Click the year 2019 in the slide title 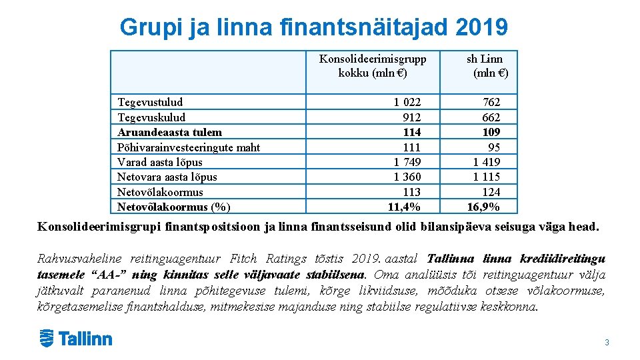483,27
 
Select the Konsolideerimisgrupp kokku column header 373,65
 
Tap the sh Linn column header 486,65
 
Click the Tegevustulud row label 150,102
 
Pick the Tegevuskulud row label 151,117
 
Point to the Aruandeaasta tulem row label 169,132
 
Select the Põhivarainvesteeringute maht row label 189,147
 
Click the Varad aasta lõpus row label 160,162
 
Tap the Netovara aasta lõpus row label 167,177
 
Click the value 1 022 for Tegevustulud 407,102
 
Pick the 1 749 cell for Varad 407,162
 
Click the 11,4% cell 405,207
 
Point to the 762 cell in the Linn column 491,102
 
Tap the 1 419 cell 487,162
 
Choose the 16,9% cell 483,207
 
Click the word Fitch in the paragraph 244,259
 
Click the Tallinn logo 75,339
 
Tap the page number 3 607,343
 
